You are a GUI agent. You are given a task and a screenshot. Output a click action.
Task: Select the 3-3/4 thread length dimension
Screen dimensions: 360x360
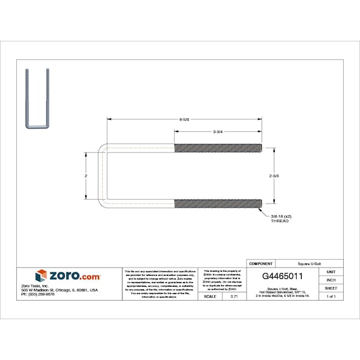[x=218, y=131]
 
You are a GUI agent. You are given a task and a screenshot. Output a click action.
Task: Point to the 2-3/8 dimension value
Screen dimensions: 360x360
[x=275, y=176]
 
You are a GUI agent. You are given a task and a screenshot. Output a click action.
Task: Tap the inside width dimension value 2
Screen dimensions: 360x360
[x=86, y=176]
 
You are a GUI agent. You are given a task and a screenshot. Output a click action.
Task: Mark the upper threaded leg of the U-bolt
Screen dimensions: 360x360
[x=218, y=148]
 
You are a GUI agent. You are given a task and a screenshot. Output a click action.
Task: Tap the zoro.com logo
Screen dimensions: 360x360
[x=68, y=276]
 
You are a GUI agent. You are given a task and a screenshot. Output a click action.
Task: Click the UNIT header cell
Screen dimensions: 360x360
[x=331, y=272]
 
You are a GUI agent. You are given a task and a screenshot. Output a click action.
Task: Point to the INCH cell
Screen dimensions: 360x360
[x=331, y=280]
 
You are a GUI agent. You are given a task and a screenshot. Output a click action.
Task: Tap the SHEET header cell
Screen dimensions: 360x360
[x=331, y=288]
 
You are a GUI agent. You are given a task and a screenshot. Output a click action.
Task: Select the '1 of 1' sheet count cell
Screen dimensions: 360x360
[x=331, y=296]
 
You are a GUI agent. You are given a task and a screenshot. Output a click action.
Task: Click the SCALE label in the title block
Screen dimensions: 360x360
[x=210, y=296]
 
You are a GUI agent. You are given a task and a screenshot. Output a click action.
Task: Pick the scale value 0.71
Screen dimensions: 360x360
[x=234, y=296]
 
